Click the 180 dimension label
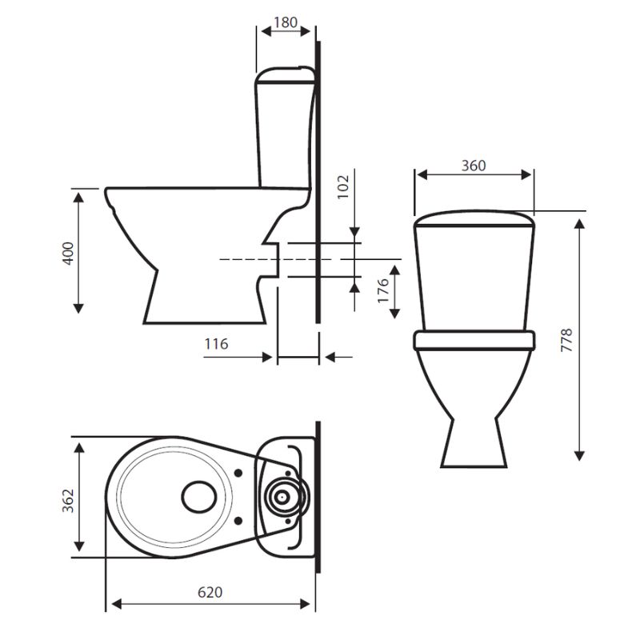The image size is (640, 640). coord(286,22)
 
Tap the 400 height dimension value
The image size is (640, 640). coord(68,253)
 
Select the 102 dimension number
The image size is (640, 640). coord(343,186)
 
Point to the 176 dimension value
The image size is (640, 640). coord(383,290)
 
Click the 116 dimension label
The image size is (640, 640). coord(216,344)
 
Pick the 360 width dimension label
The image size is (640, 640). coord(474,166)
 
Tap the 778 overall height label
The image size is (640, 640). coord(567,340)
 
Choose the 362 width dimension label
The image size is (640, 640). coord(68,501)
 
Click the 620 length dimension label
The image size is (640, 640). coord(210,592)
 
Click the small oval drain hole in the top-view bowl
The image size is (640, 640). coord(198,497)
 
